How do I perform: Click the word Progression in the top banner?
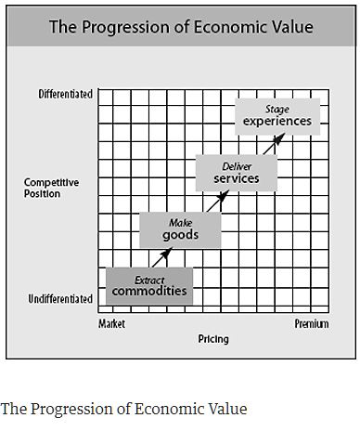click(x=125, y=27)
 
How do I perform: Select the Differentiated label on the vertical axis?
click(x=66, y=95)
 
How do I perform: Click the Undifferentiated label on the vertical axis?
click(x=60, y=299)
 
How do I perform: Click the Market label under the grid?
click(x=111, y=324)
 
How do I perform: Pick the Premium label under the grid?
click(x=311, y=324)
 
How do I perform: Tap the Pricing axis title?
click(x=212, y=339)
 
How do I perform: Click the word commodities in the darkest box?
click(x=149, y=291)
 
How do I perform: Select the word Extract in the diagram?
click(x=149, y=279)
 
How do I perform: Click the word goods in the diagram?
click(x=180, y=235)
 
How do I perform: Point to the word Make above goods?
click(x=180, y=223)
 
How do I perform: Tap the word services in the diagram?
click(x=236, y=178)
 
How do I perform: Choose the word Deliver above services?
click(x=237, y=165)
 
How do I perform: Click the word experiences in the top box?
click(x=277, y=121)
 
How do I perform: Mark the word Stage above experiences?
click(x=277, y=109)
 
